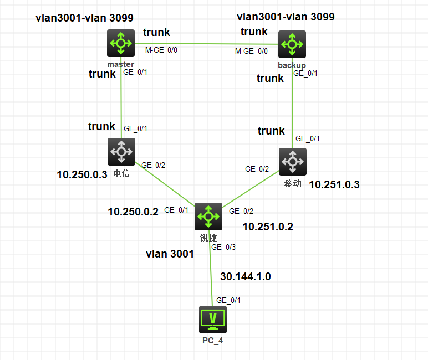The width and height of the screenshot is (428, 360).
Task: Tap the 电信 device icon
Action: tap(120, 151)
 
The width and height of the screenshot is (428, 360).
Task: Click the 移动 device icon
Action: tap(292, 162)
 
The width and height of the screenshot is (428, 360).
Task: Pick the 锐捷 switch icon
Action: tap(208, 217)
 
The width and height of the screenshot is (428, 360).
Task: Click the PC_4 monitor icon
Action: tap(212, 318)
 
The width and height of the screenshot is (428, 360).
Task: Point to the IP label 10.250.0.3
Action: tap(81, 174)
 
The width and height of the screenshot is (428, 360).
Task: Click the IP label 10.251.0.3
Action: tap(334, 185)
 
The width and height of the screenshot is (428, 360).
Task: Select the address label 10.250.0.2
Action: tap(133, 212)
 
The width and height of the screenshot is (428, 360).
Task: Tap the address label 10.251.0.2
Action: tap(268, 226)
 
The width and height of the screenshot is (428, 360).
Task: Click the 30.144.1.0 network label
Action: tap(246, 276)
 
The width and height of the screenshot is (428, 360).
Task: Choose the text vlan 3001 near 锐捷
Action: tap(170, 254)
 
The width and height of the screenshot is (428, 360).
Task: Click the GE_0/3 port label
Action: tap(223, 247)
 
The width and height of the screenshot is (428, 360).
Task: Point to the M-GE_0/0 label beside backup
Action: tap(251, 51)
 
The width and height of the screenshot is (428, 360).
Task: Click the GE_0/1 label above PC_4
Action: tap(228, 300)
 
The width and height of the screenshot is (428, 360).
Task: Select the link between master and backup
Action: tap(205, 44)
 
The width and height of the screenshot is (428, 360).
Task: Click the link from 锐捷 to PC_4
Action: tap(211, 277)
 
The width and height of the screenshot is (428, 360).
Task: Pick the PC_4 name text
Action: tap(212, 340)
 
